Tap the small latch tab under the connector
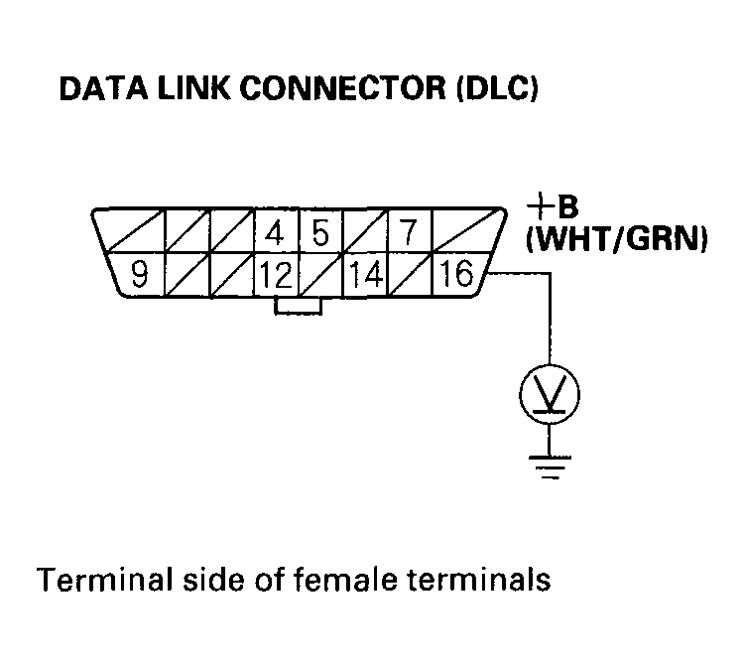tap(298, 305)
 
